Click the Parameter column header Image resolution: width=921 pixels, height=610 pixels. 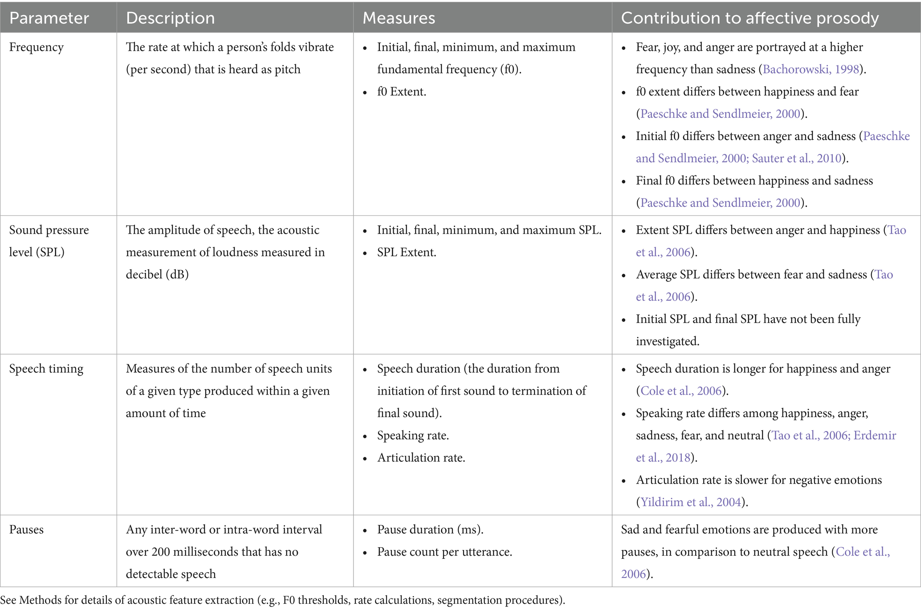tap(49, 18)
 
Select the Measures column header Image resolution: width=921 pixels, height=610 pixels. tap(399, 18)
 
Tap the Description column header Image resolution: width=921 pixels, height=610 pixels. tap(170, 18)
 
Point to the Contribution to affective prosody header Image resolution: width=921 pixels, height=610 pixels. tap(750, 18)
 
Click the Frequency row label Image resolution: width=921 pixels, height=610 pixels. tap(37, 47)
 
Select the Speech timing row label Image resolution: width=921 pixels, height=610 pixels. tap(46, 369)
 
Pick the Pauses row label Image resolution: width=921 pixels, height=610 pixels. tap(26, 529)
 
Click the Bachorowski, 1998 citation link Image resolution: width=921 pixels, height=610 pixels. tap(811, 69)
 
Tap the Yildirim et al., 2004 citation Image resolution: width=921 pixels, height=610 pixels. tap(691, 502)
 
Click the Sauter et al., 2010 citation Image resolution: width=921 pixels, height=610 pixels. tap(797, 158)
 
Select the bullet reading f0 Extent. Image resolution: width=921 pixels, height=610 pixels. tap(401, 92)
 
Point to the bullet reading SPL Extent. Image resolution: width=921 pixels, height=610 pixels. tap(407, 252)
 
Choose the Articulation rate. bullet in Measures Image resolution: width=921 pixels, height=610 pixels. tap(421, 458)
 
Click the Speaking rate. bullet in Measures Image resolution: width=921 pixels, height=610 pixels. tap(413, 436)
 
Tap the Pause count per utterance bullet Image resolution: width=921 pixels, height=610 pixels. tap(444, 552)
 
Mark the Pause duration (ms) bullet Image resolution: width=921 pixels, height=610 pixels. tap(430, 529)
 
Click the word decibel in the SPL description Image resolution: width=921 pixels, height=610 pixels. tap(144, 275)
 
